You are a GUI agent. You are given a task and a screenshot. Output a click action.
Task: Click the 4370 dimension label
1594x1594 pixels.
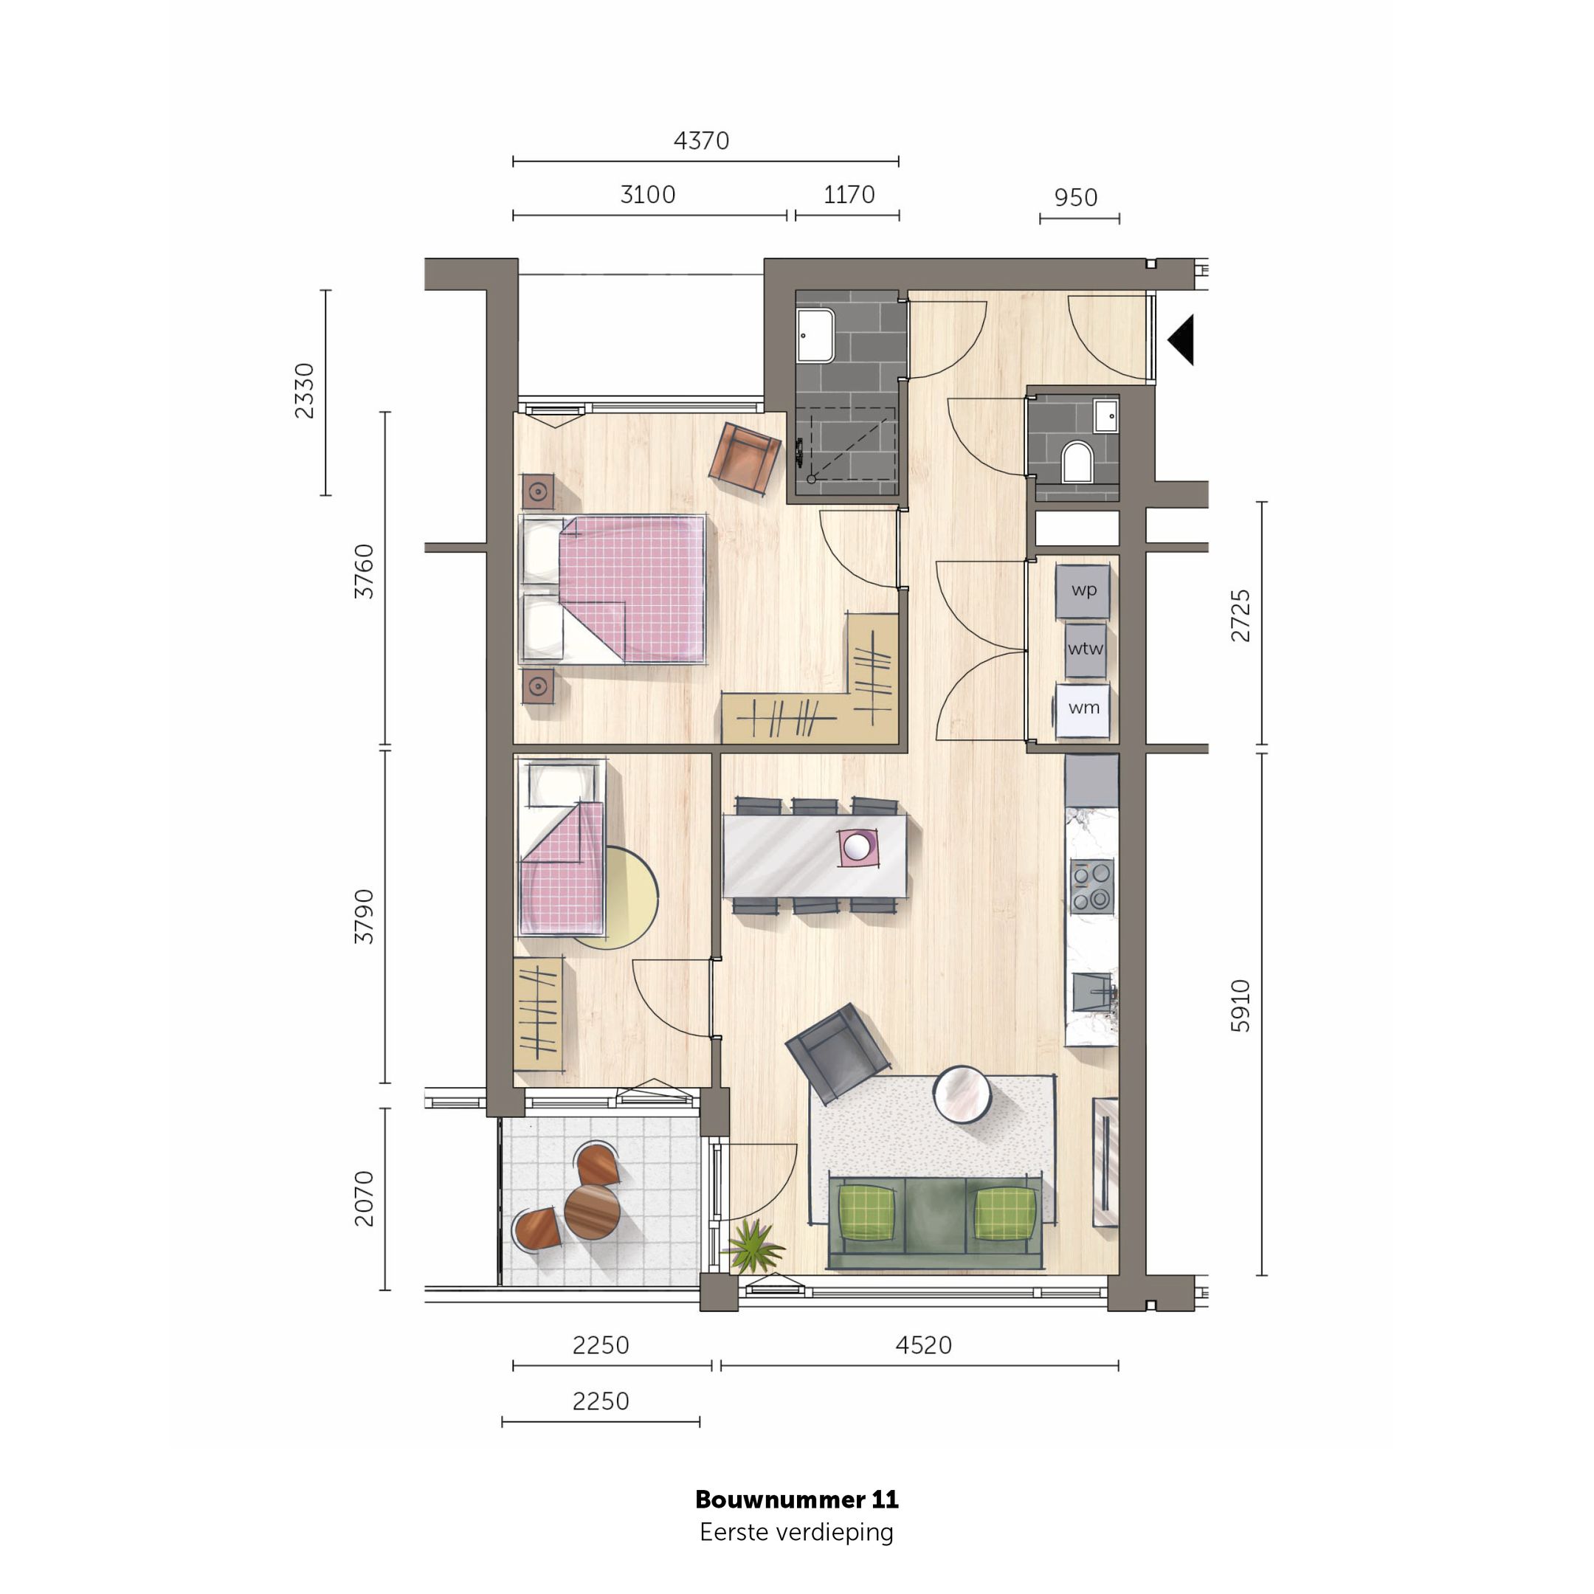tap(701, 141)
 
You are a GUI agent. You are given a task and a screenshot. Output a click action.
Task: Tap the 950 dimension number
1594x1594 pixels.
tap(1075, 198)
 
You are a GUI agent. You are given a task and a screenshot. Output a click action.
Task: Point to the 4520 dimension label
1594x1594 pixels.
tap(923, 1345)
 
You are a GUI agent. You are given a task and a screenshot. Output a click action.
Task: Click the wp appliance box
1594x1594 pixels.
tap(1083, 590)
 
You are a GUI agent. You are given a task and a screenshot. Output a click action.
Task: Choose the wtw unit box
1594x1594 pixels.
tap(1084, 649)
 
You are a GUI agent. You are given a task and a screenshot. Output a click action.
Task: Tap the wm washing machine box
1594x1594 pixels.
tap(1083, 708)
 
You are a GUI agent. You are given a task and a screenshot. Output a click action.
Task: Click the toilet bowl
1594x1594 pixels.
tap(1077, 462)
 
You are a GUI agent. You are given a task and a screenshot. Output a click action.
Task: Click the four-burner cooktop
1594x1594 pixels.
tap(1091, 886)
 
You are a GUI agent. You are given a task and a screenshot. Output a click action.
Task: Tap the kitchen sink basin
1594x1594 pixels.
tap(1091, 992)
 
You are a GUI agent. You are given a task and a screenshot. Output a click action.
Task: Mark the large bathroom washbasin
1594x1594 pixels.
tap(815, 335)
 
